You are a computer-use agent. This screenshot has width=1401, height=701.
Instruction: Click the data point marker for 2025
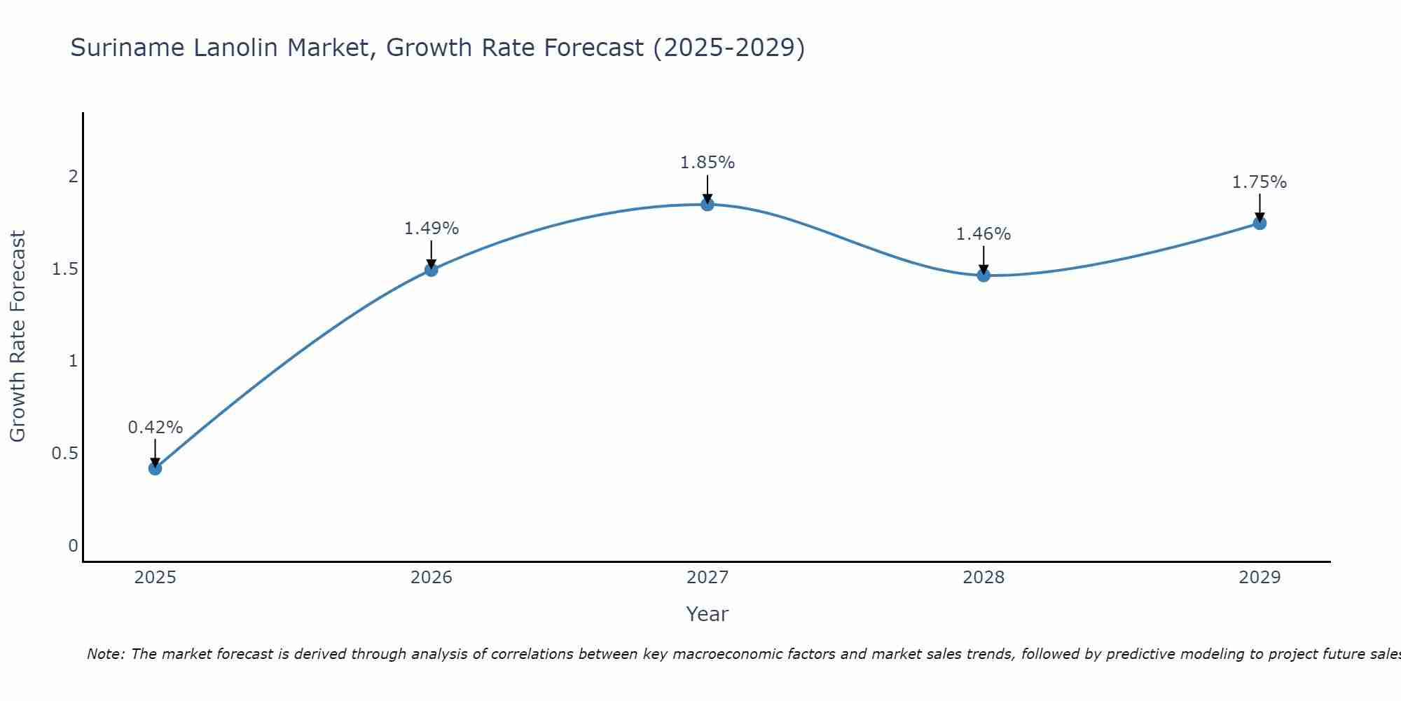tap(156, 468)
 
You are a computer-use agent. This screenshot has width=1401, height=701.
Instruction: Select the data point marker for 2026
tap(432, 270)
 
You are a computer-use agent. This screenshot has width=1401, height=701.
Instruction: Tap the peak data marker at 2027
tap(708, 205)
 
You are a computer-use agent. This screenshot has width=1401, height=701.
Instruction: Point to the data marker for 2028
tap(984, 275)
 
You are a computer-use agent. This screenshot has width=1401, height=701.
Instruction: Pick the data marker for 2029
tap(1259, 224)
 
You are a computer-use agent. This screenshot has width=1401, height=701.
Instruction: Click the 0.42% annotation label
tap(156, 428)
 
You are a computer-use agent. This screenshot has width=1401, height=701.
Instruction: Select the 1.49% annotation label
tap(432, 229)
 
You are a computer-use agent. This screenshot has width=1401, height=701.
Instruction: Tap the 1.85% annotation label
tap(708, 163)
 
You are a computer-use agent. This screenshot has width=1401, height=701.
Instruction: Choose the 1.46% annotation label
tap(984, 234)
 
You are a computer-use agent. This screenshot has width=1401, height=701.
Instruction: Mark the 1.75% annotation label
tap(1259, 182)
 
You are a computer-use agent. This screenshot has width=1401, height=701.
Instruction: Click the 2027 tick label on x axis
tap(708, 578)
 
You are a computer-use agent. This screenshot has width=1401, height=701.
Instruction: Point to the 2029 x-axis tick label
tap(1259, 578)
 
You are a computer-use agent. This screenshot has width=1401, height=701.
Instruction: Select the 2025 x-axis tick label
tap(156, 578)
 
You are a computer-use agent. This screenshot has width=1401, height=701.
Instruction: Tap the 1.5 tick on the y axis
tap(64, 269)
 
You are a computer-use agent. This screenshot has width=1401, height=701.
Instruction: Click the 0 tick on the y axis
tap(73, 546)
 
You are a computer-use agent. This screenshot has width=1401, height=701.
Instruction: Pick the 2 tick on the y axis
tap(73, 177)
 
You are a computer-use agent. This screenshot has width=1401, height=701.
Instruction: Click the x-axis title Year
tap(708, 614)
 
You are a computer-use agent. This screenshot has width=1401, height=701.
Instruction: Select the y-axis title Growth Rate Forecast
tap(18, 336)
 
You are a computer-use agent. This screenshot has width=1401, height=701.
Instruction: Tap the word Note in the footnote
tap(105, 655)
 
